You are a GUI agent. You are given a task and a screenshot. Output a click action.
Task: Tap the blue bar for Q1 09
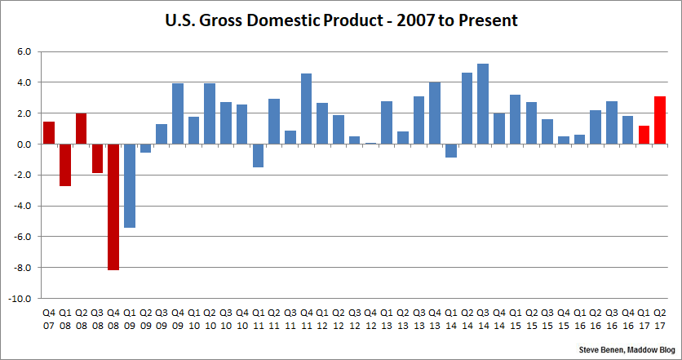[x=130, y=185]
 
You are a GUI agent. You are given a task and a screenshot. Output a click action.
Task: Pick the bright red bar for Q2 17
[x=660, y=120]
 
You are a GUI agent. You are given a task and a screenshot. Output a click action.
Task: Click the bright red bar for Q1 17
[x=644, y=135]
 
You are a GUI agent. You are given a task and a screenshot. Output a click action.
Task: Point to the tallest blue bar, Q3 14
[x=483, y=104]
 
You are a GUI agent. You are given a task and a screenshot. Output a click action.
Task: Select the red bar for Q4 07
[x=49, y=133]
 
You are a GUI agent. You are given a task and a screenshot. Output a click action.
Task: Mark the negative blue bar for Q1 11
[x=258, y=155]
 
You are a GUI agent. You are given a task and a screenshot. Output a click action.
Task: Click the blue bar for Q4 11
[x=306, y=109]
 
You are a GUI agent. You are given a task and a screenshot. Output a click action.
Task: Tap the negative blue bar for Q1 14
[x=450, y=150]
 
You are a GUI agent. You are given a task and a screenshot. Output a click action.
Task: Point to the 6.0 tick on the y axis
[x=24, y=51]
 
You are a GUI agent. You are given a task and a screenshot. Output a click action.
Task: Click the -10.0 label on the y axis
[x=20, y=299]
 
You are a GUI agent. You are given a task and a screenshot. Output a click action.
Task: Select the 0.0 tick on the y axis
[x=24, y=144]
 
